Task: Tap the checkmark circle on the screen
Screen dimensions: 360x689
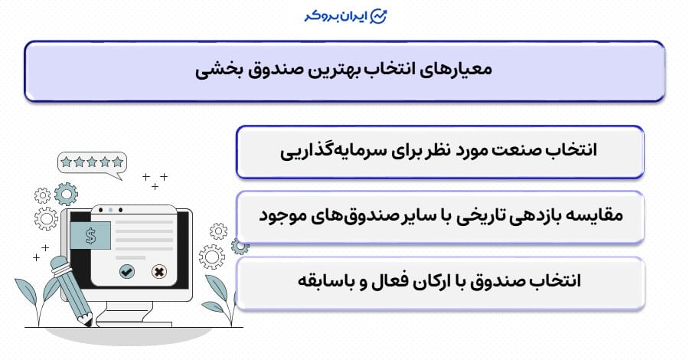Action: click(127, 270)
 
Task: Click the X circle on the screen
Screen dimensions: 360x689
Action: click(159, 270)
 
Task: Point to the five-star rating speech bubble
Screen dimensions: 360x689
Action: click(92, 162)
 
